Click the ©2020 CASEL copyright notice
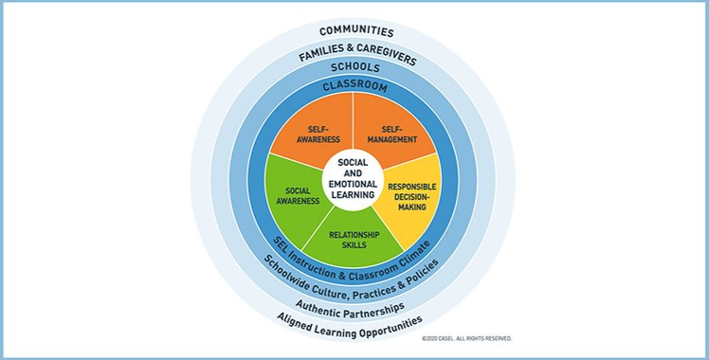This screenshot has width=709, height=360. click(466, 338)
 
